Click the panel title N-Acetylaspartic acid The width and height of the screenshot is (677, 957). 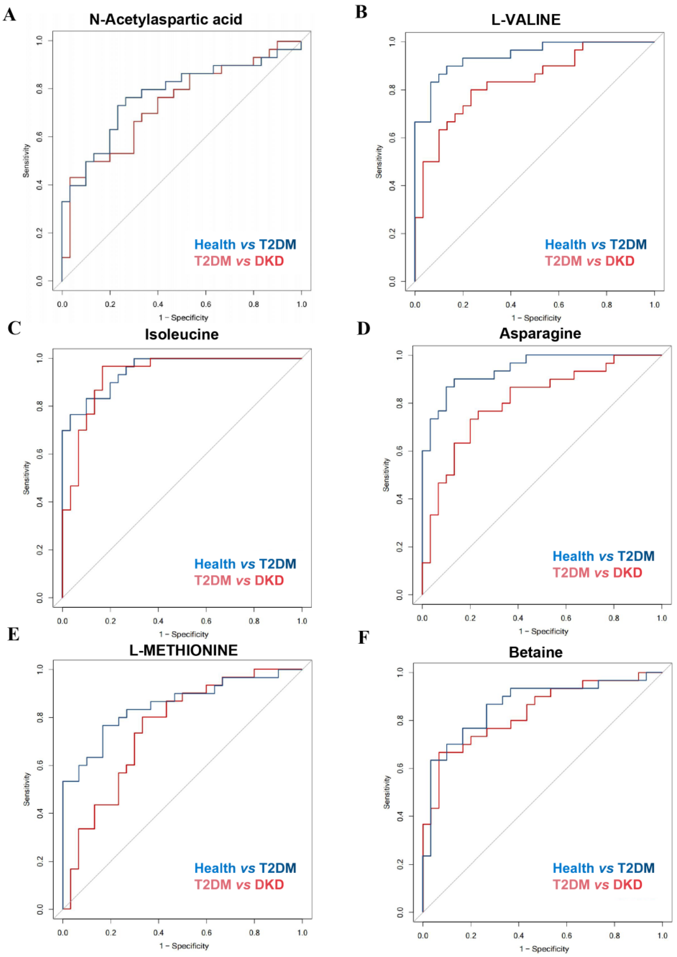(x=166, y=19)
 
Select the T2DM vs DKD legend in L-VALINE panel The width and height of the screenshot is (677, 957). (x=589, y=261)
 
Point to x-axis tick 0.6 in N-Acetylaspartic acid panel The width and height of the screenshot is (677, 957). (x=206, y=304)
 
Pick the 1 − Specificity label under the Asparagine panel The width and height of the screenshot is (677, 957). (x=543, y=631)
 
